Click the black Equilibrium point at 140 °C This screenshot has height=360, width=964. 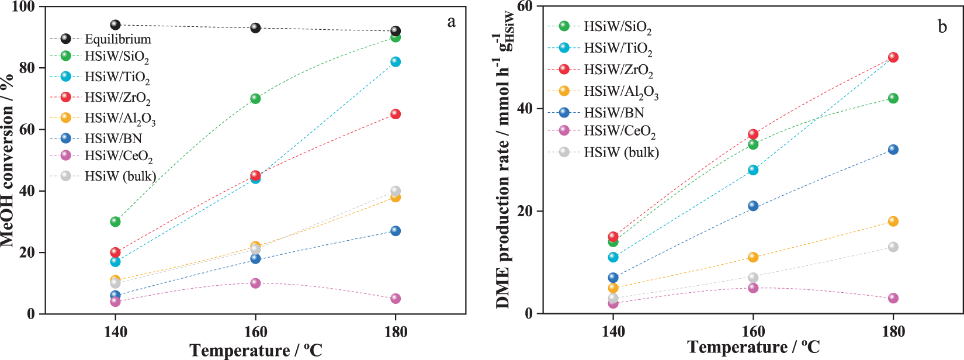point(115,25)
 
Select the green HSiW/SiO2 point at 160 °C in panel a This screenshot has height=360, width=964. point(255,99)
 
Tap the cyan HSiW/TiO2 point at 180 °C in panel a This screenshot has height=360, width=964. point(396,62)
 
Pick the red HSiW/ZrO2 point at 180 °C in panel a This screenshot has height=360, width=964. point(396,114)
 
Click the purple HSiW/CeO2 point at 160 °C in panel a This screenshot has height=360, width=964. point(255,283)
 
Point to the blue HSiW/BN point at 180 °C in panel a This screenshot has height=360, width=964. point(396,231)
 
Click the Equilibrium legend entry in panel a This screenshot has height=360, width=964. point(117,39)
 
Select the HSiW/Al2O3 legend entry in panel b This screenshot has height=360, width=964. point(620,91)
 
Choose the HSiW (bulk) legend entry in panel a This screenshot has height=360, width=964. point(120,176)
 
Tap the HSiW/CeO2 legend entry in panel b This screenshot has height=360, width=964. point(619,131)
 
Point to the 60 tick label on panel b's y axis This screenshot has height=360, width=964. point(524,6)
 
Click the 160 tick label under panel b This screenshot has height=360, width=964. point(753,332)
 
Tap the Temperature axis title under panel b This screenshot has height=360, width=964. point(753,348)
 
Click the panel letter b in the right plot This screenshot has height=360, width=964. point(942,27)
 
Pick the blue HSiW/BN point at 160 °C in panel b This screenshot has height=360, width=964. point(753,206)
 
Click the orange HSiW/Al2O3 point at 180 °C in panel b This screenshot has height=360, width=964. point(893,221)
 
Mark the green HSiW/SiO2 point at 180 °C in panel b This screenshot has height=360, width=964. point(893,98)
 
